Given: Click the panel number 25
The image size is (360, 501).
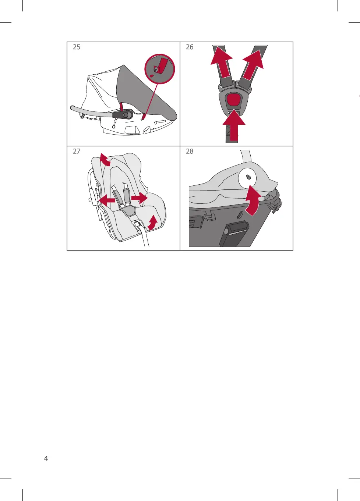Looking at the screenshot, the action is point(77,47).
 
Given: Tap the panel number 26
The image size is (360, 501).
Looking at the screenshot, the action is point(190,47).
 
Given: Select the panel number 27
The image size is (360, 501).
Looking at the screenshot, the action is point(77,151).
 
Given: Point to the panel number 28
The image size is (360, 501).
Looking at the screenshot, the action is point(190,151).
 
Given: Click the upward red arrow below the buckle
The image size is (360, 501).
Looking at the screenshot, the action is point(234,125).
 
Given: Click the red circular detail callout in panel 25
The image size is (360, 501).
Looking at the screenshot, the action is point(160,69).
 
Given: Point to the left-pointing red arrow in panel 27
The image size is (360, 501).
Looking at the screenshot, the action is point(107,200).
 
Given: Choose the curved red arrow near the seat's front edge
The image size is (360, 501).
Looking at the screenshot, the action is point(152,222).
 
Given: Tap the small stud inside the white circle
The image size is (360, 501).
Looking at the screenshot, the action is point(248,177).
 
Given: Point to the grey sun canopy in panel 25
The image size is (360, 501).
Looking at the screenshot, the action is point(143,94).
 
